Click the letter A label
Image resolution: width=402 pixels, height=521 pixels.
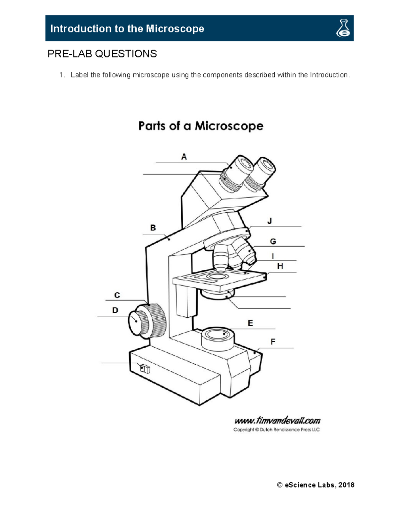(184, 157)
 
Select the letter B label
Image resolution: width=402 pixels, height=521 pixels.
(153, 228)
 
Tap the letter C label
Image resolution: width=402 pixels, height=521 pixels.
(117, 295)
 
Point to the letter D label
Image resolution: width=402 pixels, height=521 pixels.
(115, 310)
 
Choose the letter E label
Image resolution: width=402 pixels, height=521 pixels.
(250, 323)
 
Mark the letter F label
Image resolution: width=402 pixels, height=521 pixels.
(273, 342)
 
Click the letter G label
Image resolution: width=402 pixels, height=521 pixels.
(273, 242)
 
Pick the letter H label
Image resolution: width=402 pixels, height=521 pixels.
(280, 266)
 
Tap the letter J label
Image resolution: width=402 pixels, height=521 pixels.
(270, 221)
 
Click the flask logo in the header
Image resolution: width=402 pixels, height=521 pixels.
(343, 28)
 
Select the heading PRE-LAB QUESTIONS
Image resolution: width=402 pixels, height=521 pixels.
(102, 54)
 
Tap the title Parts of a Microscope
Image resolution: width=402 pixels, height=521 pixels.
(201, 126)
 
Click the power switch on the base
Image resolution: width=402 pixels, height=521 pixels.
(145, 369)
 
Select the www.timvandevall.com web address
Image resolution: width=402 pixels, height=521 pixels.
(277, 420)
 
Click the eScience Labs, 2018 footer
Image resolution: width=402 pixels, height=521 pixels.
(316, 485)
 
